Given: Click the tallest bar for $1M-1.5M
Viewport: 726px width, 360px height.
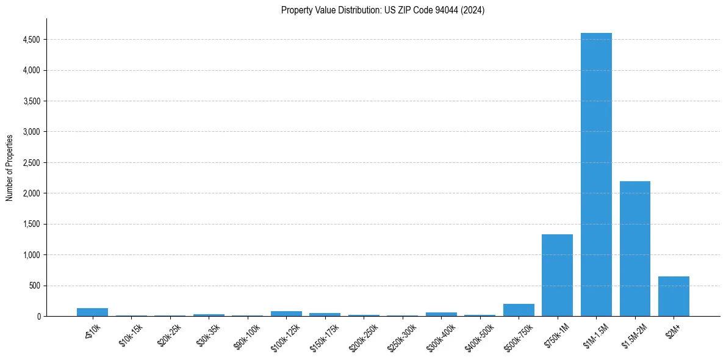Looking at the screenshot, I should [596, 175].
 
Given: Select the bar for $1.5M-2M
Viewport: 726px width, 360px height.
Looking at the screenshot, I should [634, 248].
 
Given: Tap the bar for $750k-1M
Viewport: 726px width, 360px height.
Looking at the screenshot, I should [557, 275].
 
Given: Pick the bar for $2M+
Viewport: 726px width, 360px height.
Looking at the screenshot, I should [674, 296].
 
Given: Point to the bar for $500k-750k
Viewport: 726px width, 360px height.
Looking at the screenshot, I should [519, 310].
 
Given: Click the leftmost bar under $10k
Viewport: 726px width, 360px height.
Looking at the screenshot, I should [92, 312].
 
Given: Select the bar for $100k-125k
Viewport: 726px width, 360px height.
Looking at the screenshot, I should [286, 314].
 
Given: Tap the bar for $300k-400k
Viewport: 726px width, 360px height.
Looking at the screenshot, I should [441, 314].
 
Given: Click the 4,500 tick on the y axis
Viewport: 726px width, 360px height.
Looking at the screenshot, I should [31, 40].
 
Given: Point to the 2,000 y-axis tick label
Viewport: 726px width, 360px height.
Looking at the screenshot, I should [31, 193].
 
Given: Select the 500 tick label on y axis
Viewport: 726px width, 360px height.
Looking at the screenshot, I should [35, 286].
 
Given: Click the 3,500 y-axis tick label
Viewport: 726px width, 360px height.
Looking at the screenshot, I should [31, 101].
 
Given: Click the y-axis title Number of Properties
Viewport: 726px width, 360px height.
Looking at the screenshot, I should [10, 167].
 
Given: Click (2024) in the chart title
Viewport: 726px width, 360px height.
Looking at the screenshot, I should [473, 10].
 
